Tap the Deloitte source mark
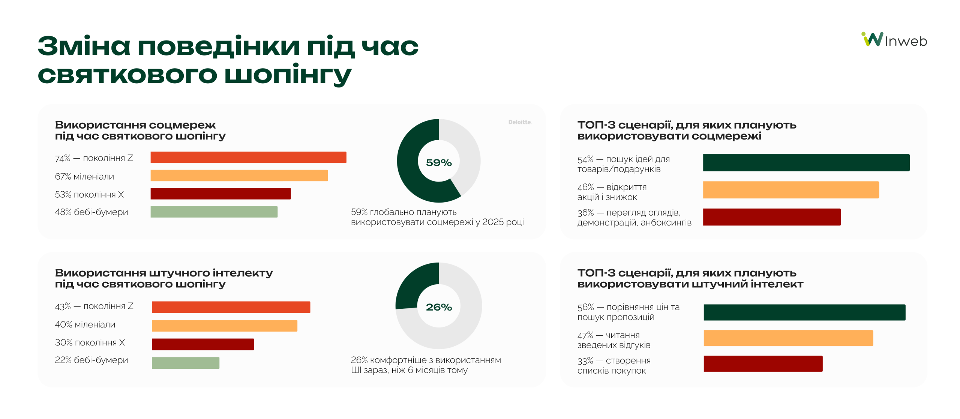[519, 122]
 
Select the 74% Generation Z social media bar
[248, 158]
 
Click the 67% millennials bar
[239, 176]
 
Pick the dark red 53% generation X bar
[220, 194]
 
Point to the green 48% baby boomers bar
[214, 212]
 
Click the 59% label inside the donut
[438, 163]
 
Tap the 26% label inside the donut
[438, 307]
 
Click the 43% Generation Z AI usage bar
[231, 307]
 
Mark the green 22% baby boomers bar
[185, 363]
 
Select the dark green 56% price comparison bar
[804, 312]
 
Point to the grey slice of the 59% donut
[466, 154]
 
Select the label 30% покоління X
[90, 342]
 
